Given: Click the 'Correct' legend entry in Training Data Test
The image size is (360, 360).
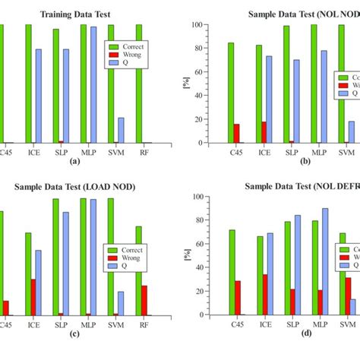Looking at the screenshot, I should [132, 46].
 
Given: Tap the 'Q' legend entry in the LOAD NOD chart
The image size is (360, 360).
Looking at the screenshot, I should [124, 267].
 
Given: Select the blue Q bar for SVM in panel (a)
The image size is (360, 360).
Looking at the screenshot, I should [121, 130].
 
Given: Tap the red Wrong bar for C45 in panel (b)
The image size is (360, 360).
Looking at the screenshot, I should [236, 133].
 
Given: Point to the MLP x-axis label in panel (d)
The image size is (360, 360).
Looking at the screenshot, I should [319, 324].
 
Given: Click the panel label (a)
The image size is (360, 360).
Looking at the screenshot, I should [74, 162].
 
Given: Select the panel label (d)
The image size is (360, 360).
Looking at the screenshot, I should [305, 333].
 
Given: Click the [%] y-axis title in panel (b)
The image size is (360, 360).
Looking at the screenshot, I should [185, 83].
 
